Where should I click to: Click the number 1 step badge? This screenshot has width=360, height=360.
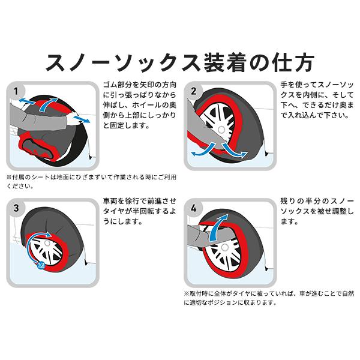click(17, 91)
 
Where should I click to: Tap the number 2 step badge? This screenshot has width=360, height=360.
click(194, 91)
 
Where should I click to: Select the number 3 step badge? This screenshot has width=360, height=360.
click(17, 209)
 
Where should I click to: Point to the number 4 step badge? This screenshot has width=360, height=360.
click(194, 209)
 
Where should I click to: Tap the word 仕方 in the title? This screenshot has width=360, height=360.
click(293, 62)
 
